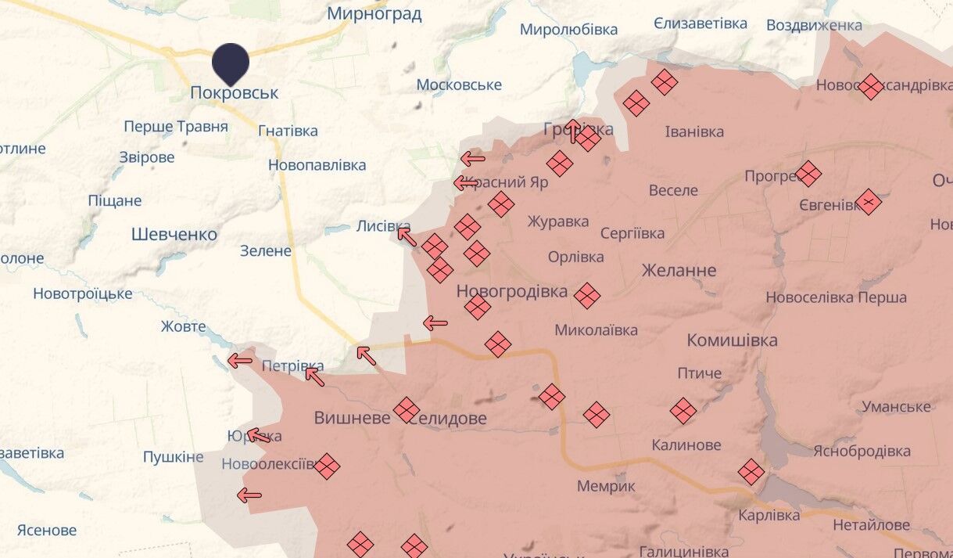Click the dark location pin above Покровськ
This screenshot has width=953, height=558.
coord(231,63)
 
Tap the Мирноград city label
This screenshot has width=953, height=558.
coord(374,13)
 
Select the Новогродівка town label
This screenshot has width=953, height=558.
coord(512,292)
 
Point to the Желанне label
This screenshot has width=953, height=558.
coord(679,271)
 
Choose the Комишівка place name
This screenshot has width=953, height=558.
coord(732,340)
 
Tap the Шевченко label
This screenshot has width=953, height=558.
coord(174,234)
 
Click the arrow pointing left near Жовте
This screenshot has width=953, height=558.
coord(239,361)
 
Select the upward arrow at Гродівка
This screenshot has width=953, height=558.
coord(573,131)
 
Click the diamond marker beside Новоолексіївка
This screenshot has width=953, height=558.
coord(327,466)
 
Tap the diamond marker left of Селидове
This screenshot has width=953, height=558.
coord(406,409)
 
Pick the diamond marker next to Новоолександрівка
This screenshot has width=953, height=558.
coord(870,86)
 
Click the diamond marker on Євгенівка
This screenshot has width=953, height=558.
coord(868,202)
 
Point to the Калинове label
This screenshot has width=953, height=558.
coord(686,445)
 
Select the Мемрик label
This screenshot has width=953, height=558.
coord(606,486)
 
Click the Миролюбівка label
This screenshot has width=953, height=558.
coord(568,30)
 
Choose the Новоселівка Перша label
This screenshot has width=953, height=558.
coord(836,297)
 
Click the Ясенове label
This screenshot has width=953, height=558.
coord(47,530)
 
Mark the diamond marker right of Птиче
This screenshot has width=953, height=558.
coord(683,410)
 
